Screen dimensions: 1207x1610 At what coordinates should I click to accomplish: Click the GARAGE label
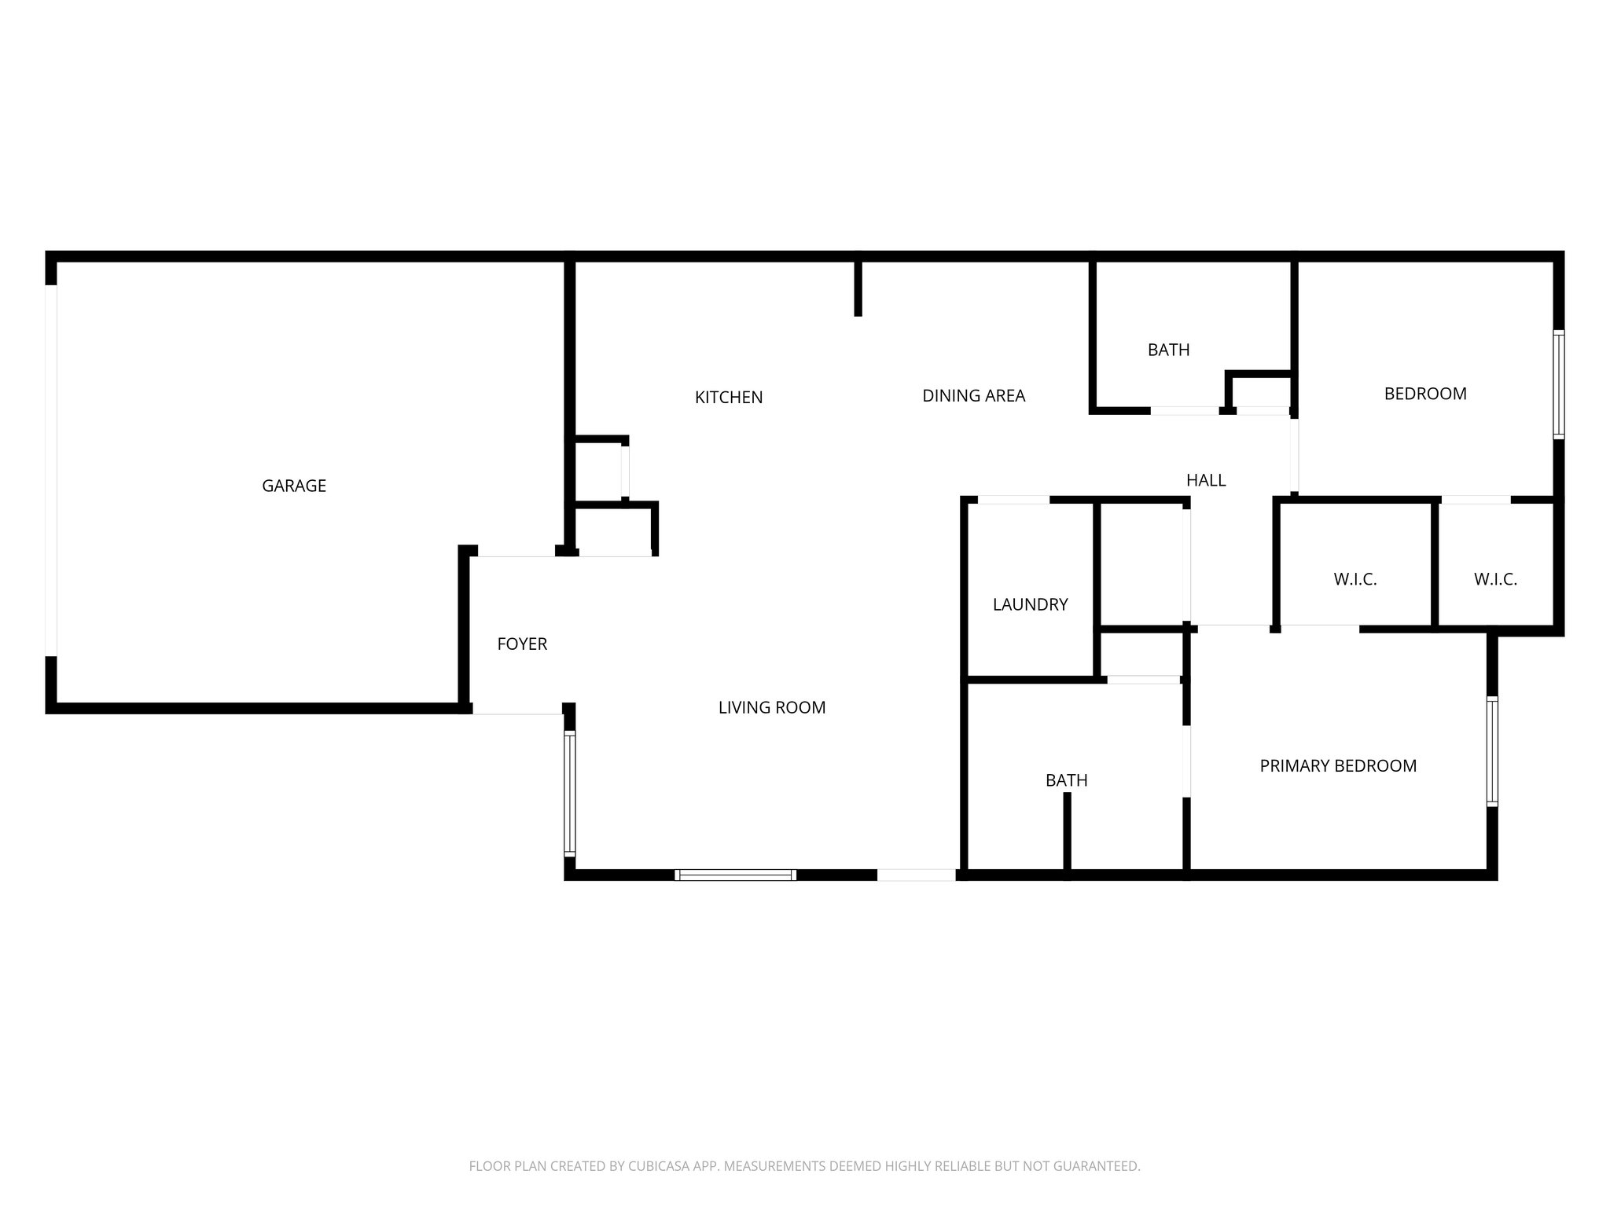tap(294, 486)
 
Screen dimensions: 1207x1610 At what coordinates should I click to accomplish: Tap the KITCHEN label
tap(728, 398)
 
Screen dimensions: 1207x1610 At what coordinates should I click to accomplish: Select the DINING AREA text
tap(973, 396)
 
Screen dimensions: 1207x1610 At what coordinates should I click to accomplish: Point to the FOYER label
tap(522, 644)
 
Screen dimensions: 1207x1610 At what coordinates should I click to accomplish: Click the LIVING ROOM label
tap(771, 707)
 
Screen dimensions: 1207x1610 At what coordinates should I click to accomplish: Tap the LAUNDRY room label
tap(1030, 604)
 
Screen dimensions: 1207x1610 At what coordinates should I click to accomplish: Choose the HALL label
tap(1205, 480)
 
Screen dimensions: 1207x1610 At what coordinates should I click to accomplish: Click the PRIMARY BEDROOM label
tap(1337, 765)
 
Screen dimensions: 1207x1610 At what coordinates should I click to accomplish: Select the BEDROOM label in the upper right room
tap(1424, 394)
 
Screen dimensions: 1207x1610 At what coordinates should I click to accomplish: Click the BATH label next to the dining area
tap(1168, 350)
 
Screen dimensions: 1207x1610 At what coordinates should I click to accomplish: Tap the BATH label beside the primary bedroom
tap(1066, 780)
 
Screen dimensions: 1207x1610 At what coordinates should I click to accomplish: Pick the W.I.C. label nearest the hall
tap(1355, 580)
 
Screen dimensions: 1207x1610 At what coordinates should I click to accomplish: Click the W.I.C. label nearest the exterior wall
tap(1494, 580)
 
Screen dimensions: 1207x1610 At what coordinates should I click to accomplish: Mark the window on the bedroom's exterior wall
tap(1558, 384)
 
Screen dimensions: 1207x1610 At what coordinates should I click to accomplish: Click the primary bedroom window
tap(1491, 751)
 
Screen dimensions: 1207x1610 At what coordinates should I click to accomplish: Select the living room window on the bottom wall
tap(735, 875)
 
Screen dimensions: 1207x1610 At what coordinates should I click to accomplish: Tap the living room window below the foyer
tap(570, 793)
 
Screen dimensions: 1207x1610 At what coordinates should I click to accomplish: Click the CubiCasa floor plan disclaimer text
tap(804, 1166)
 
